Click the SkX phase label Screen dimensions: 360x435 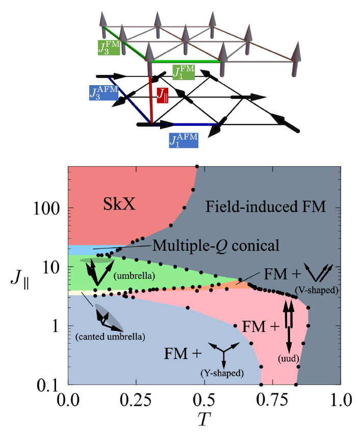(119, 204)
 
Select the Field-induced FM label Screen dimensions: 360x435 (266, 207)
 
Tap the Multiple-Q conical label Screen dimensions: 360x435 (216, 245)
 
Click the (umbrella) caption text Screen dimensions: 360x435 (134, 276)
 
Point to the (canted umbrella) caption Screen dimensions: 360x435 (110, 337)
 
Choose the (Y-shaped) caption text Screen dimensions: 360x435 (222, 373)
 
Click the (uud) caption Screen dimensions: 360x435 (289, 359)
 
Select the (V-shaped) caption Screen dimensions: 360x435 (317, 291)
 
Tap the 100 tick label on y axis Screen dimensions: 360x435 (46, 209)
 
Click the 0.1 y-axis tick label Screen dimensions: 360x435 (48, 386)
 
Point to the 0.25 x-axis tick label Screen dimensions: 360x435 (136, 400)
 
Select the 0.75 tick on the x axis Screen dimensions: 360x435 (273, 400)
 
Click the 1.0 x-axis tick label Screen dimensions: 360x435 (341, 400)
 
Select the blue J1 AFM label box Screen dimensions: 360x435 (184, 140)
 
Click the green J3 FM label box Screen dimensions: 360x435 (109, 47)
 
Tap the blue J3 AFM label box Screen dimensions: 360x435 (104, 93)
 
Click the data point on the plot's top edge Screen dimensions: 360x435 (197, 166)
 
